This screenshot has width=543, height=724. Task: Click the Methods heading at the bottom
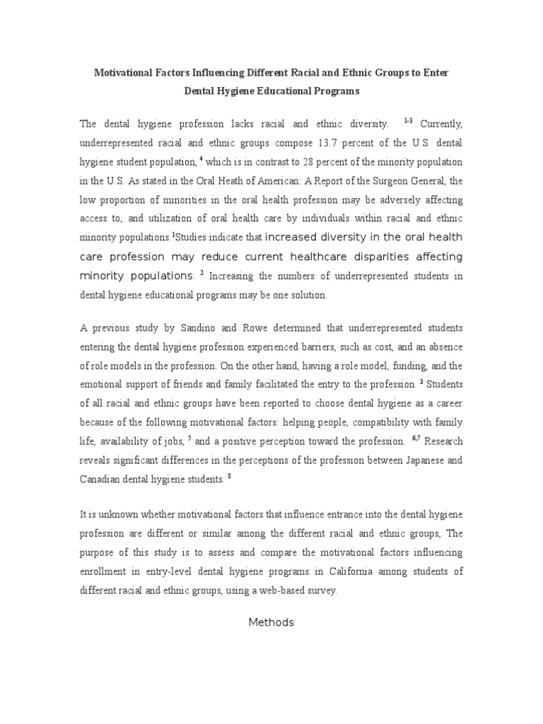point(271,623)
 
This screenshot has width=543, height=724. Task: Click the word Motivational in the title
point(126,73)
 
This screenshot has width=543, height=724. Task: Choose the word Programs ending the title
point(331,91)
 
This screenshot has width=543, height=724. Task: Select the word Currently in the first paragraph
point(442,124)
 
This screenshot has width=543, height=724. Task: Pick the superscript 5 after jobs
point(189,438)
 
